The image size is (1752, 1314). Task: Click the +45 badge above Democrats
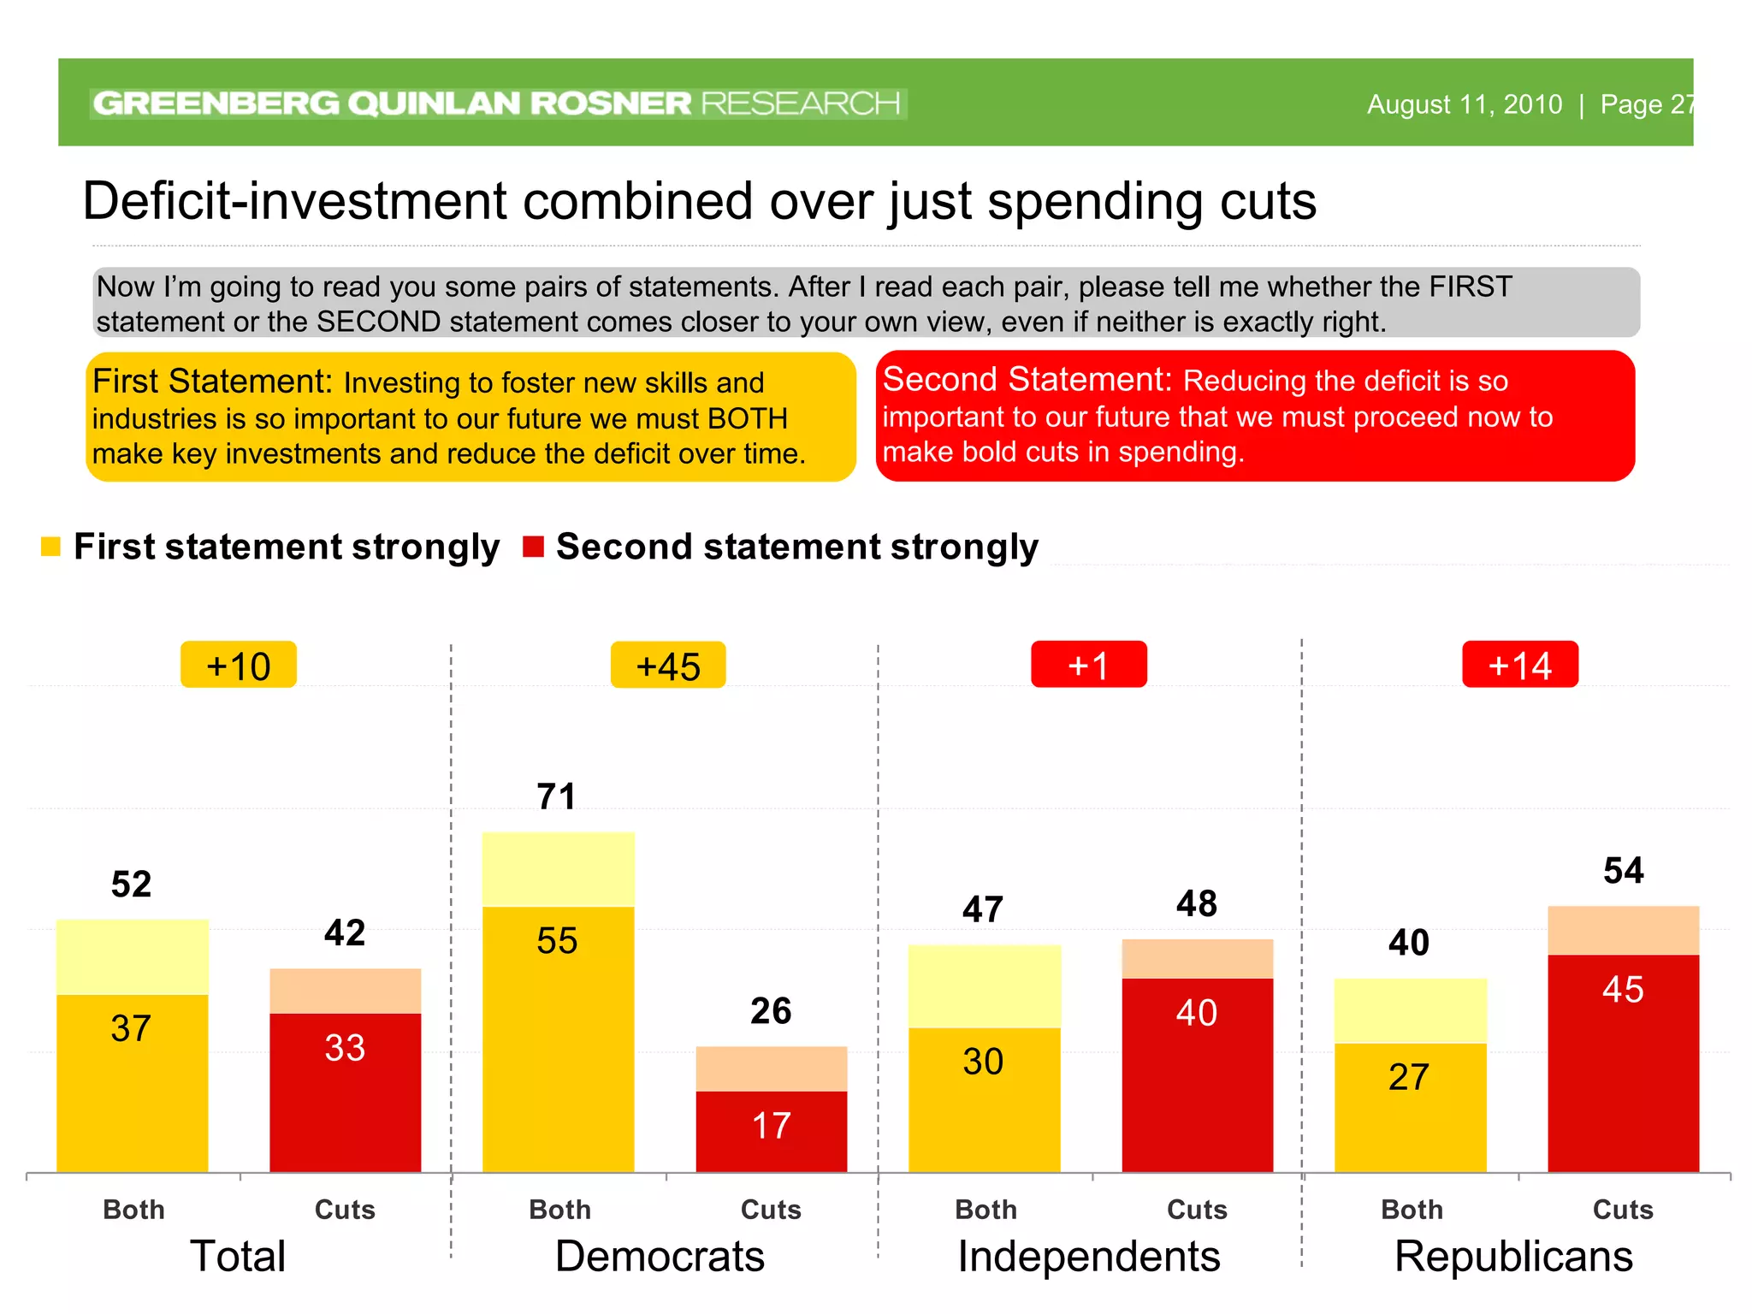668,666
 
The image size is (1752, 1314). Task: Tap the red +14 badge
1519,665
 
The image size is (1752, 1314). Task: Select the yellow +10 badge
239,666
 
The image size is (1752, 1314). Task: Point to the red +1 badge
1088,665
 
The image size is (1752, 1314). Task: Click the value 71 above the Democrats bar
556,796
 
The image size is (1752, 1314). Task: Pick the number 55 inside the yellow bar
557,941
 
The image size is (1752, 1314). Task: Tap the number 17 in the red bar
771,1126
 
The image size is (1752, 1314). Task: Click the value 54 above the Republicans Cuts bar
1623,871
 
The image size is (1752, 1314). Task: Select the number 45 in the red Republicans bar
1623,990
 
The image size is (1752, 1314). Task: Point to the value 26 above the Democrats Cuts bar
771,1011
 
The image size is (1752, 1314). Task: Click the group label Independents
1088,1257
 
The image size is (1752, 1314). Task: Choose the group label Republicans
1513,1257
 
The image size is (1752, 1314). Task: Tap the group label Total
238,1257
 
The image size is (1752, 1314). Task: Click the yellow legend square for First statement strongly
50,547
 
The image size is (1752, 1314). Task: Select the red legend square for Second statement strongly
533,547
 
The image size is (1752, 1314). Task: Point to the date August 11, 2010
1464,104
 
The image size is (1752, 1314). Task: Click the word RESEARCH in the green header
800,104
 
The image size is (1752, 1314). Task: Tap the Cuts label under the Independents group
1197,1210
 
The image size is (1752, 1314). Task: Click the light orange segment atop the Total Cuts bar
345,991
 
